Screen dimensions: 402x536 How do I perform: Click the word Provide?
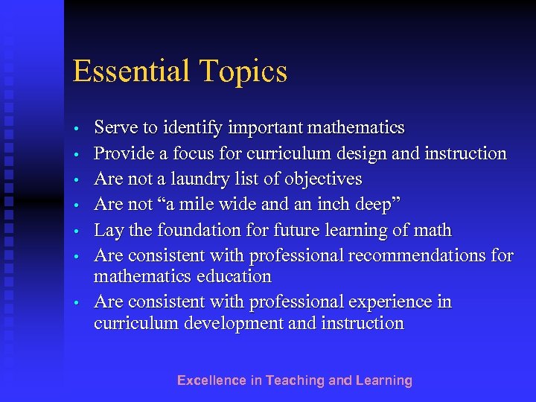click(x=123, y=153)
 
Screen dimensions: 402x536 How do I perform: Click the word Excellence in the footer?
click(x=211, y=380)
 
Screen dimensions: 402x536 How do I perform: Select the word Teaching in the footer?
click(x=295, y=380)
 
